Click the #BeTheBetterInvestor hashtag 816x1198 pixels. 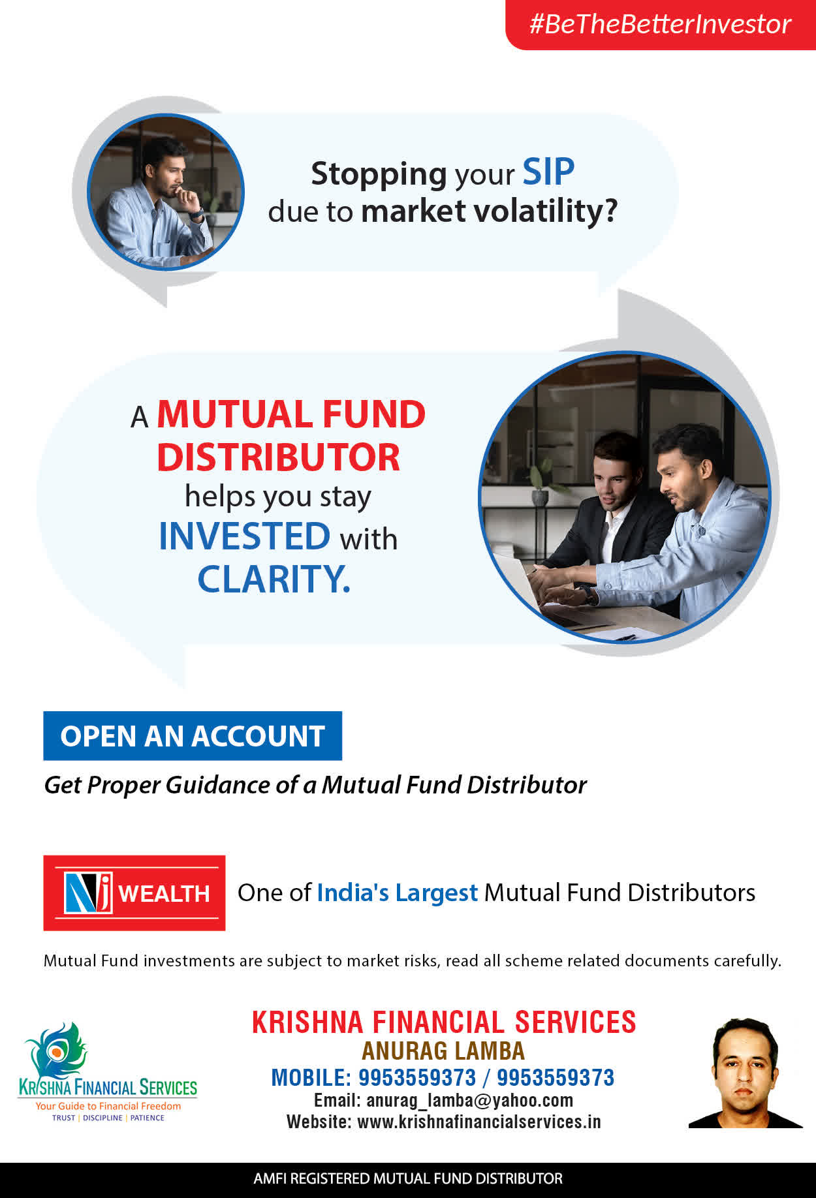660,24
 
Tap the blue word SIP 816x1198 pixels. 548,172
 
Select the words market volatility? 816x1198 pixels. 489,211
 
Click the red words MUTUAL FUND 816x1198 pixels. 291,414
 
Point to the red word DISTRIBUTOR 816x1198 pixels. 278,457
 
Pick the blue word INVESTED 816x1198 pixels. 245,536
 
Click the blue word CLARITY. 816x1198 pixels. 274,579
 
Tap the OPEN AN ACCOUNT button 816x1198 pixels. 193,736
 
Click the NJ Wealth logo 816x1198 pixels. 134,893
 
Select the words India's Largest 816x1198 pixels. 398,893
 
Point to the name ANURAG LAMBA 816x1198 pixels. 443,1051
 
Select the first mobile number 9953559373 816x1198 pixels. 417,1077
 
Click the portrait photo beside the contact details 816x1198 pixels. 745,1073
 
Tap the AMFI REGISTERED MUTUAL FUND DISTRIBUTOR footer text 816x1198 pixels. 408,1178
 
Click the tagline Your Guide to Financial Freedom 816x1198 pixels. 108,1106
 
